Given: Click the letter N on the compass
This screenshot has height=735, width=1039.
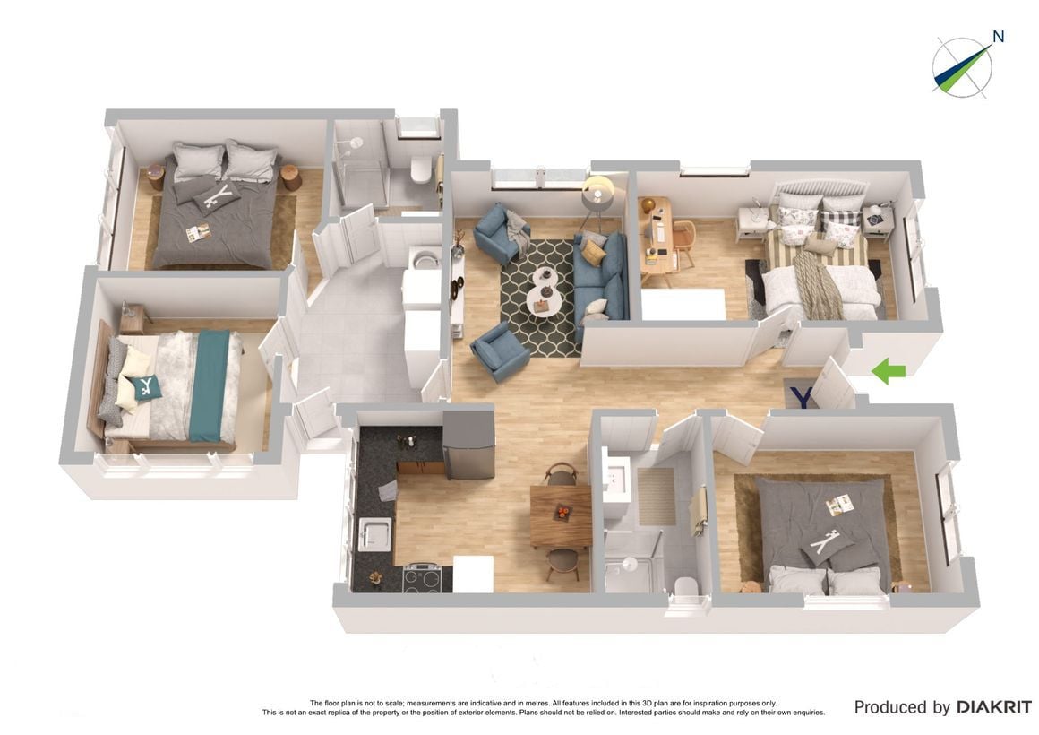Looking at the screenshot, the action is tap(998, 37).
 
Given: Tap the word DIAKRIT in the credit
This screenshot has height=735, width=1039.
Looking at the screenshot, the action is tap(993, 707).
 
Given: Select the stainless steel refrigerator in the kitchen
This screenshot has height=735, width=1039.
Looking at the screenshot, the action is tap(468, 445).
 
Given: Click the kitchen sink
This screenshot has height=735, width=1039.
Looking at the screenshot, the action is tap(374, 534).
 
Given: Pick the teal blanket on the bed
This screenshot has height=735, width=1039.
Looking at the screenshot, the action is tap(210, 386).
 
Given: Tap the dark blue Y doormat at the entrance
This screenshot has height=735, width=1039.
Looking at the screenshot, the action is tap(801, 394).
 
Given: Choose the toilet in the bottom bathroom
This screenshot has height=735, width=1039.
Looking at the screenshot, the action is tap(685, 587).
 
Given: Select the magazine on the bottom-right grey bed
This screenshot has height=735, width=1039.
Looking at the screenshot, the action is tap(839, 506).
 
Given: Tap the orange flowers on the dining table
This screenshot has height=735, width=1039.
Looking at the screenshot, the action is tap(562, 512).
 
